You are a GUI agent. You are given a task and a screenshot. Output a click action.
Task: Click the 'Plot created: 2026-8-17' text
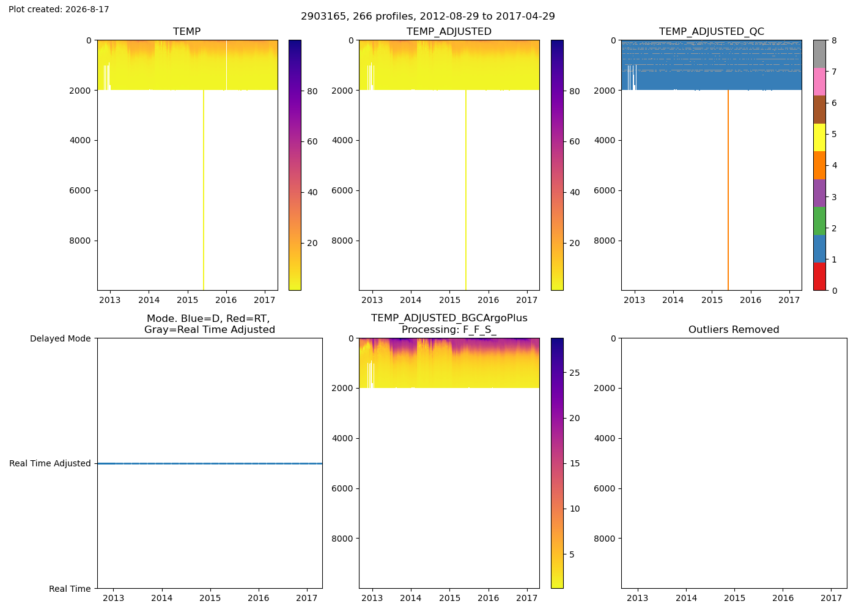59,9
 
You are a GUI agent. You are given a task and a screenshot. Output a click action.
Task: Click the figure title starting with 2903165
427,16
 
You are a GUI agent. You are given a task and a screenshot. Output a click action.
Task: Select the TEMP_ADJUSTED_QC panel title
711,31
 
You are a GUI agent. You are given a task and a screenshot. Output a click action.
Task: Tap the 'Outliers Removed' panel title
734,329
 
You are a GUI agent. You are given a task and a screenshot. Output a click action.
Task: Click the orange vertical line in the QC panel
728,190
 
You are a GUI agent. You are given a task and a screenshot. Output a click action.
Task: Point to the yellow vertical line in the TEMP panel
203,190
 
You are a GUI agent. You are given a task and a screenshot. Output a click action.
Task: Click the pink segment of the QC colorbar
819,82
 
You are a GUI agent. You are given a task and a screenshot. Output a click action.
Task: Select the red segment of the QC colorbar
819,277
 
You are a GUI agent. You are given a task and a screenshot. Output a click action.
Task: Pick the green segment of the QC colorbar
819,221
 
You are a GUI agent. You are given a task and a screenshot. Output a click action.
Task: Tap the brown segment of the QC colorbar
819,110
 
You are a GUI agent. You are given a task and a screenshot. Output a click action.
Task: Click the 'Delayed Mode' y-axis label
61,338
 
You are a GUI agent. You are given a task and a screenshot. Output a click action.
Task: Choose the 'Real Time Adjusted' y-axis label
50,463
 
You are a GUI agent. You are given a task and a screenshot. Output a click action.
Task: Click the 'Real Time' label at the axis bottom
70,589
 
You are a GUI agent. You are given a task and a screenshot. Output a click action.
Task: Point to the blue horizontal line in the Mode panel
210,464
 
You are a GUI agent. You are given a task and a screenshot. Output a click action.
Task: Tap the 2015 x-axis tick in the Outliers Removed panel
734,598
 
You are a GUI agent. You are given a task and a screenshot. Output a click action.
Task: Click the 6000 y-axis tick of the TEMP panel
81,190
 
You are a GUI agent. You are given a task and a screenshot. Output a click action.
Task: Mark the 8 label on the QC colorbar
834,40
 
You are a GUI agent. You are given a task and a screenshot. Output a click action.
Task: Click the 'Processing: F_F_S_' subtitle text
449,330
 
